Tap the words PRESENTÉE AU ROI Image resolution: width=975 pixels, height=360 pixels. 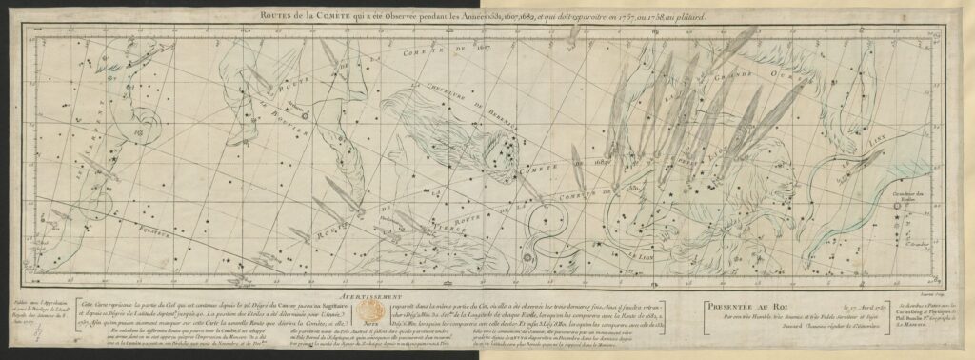click(x=739, y=307)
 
